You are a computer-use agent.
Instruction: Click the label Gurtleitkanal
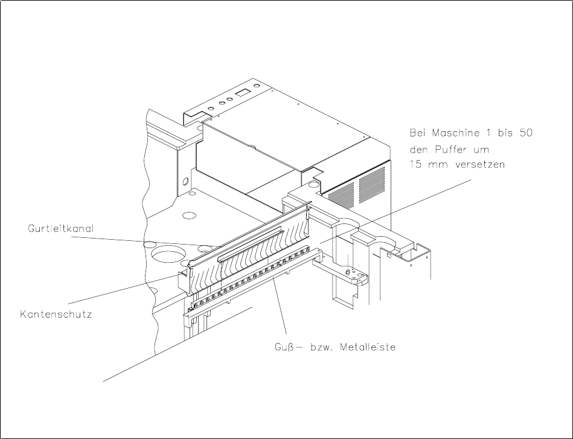point(54,229)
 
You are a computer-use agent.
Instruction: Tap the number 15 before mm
point(417,165)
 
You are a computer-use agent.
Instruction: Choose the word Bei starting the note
point(419,133)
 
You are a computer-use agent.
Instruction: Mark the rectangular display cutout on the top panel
point(243,92)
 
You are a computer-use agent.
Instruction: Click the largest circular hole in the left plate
point(167,252)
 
